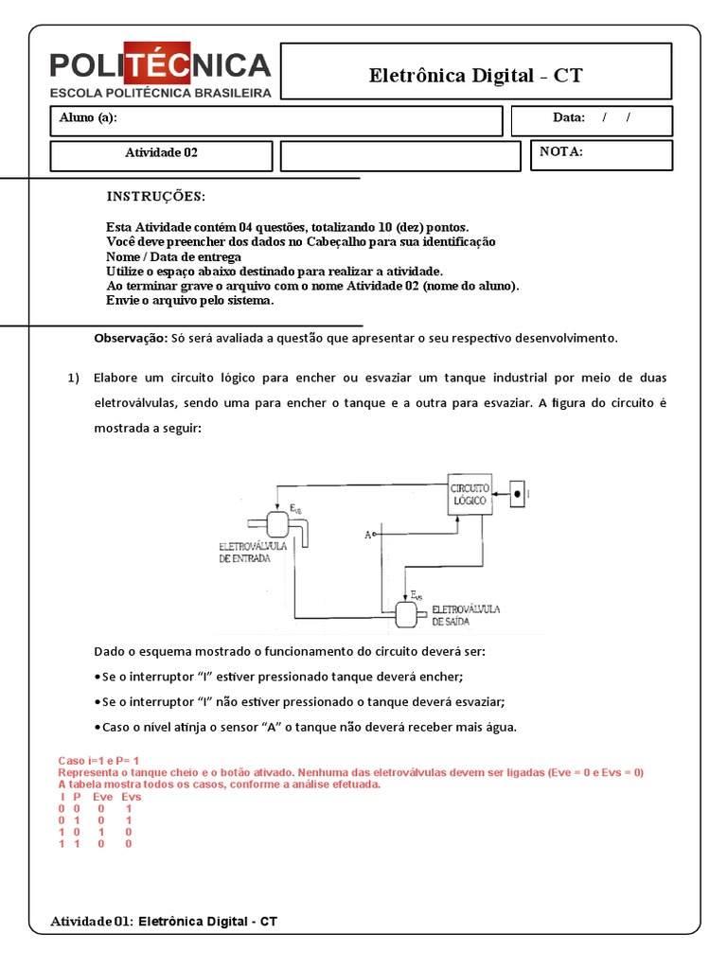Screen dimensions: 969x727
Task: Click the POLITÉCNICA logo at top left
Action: point(161,72)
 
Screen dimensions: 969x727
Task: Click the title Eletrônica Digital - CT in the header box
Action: point(476,76)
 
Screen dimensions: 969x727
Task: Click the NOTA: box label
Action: point(561,152)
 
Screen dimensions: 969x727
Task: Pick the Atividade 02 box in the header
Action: point(161,152)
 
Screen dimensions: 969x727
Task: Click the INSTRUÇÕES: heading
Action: point(155,197)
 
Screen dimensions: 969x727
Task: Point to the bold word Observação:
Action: point(131,338)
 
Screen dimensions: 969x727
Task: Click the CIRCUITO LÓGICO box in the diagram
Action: point(470,493)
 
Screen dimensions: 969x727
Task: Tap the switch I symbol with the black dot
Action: point(516,493)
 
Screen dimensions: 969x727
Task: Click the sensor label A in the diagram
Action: point(366,535)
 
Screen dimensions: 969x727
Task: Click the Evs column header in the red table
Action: point(132,797)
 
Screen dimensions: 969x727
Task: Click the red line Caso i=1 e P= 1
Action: point(99,761)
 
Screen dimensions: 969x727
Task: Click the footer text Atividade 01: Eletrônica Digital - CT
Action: point(164,921)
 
